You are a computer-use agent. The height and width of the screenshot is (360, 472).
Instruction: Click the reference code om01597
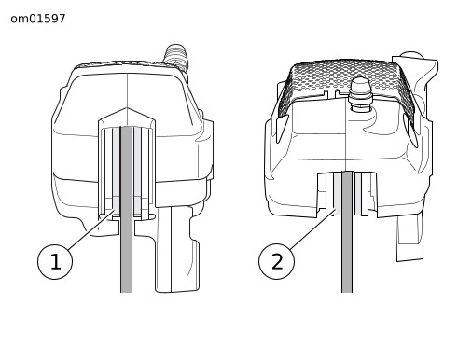click(x=38, y=19)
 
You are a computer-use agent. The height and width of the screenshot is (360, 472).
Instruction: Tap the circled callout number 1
click(x=55, y=262)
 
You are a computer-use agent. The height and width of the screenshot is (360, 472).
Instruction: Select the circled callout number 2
click(x=276, y=262)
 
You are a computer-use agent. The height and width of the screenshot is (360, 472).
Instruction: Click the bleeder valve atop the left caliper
click(x=176, y=57)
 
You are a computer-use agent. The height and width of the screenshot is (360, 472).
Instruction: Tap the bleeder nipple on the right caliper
click(x=360, y=92)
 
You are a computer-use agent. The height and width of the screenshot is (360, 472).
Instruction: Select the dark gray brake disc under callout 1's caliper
click(x=126, y=209)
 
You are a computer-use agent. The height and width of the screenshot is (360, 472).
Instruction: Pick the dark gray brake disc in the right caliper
click(x=347, y=231)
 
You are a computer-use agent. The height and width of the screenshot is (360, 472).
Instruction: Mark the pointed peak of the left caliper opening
click(x=127, y=108)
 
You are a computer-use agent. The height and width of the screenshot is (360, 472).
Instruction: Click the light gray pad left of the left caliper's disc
click(x=116, y=171)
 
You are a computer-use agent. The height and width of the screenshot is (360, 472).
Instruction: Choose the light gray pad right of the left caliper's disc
click(x=137, y=171)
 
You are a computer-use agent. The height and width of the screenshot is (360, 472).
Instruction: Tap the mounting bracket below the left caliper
click(x=177, y=250)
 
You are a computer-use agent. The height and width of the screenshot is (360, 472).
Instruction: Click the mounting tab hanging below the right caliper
click(x=410, y=237)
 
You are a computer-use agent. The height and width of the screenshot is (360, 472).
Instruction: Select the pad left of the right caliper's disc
click(x=337, y=193)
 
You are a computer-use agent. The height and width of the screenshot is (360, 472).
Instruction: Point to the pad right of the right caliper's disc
click(x=357, y=193)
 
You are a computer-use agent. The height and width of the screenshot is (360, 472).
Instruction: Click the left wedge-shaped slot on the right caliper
click(x=282, y=129)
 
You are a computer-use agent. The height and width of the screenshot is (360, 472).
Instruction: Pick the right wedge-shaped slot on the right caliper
click(x=410, y=130)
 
